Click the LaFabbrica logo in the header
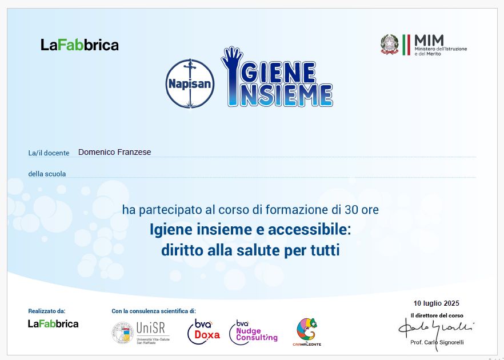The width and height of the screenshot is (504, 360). tap(79, 45)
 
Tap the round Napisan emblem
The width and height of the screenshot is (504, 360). tap(190, 83)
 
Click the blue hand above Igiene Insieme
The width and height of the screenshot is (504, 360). tap(232, 58)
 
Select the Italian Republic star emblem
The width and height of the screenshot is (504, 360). tap(389, 45)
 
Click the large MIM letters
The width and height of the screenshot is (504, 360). tap(429, 41)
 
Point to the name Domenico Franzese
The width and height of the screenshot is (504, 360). tap(114, 152)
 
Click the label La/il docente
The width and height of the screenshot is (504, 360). tap(49, 153)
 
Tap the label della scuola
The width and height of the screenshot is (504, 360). tap(47, 174)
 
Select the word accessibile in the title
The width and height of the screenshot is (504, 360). tap(309, 230)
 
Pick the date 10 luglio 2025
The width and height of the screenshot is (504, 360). tap(436, 303)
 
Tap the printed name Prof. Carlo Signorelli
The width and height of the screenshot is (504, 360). tap(437, 342)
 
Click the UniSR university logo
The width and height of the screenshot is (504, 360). tap(141, 333)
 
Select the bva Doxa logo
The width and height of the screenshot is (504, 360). tap(204, 331)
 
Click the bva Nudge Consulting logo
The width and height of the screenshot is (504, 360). tap(253, 332)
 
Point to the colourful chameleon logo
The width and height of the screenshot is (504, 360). tap(307, 331)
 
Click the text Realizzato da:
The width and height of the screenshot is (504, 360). tap(47, 311)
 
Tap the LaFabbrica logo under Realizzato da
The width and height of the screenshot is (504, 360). tap(53, 323)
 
